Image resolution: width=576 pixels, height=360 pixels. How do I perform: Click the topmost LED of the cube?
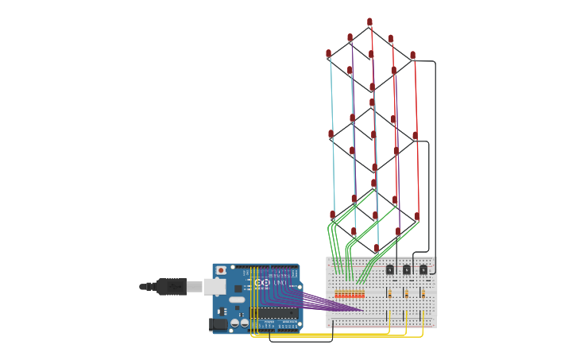(x=369, y=22)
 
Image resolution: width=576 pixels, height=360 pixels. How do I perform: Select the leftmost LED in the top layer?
(x=328, y=54)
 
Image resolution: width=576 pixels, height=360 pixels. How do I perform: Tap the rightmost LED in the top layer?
(x=412, y=56)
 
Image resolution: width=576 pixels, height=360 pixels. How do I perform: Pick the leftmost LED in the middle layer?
(x=331, y=134)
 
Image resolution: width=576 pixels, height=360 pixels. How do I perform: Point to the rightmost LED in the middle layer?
(x=415, y=136)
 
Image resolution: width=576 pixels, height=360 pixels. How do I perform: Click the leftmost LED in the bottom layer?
(x=332, y=215)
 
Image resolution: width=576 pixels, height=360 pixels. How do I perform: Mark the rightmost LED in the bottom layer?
(x=416, y=216)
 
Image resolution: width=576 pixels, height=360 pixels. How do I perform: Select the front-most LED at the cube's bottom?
(x=376, y=249)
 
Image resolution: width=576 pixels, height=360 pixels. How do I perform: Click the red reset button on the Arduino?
(x=221, y=271)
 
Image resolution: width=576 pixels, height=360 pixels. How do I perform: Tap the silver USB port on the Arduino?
(x=214, y=286)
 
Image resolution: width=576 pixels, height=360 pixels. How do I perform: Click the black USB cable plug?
(x=171, y=286)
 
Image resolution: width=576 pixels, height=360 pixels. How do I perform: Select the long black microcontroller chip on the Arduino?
(x=275, y=312)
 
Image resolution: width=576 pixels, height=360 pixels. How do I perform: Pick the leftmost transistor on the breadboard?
(x=390, y=269)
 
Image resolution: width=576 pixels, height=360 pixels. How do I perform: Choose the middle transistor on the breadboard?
(x=407, y=269)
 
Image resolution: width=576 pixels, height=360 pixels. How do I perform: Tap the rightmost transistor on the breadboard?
(x=423, y=269)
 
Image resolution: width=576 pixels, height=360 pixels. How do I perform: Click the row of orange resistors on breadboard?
(x=350, y=294)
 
